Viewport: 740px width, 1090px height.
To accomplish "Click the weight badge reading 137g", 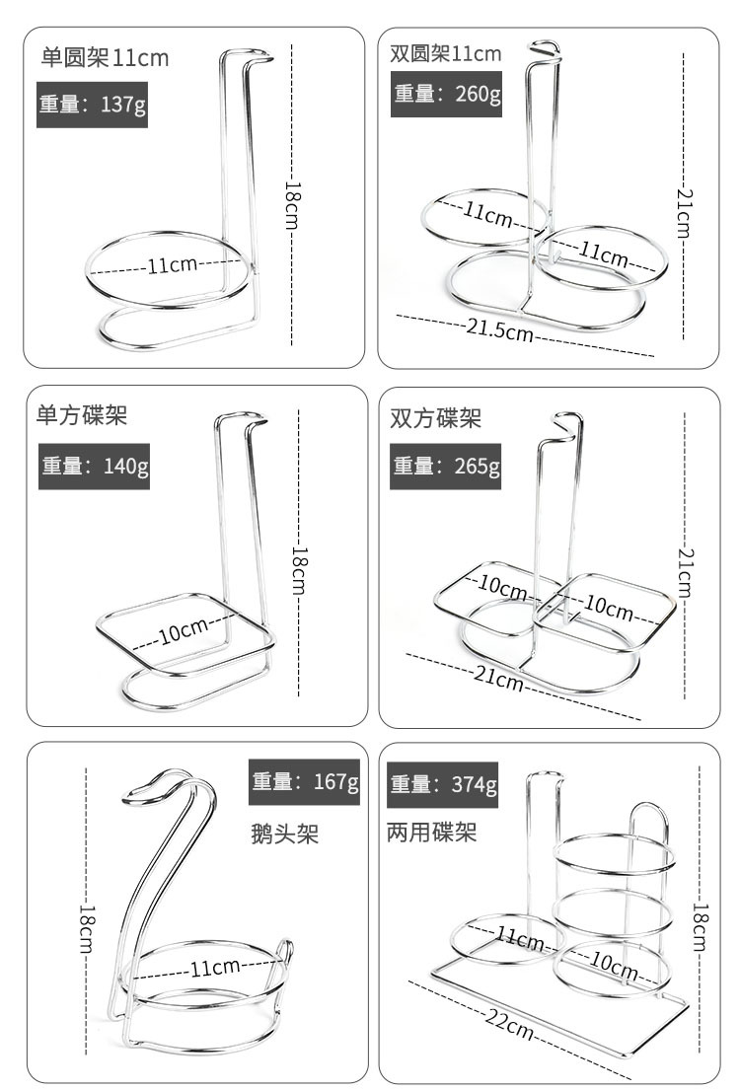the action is tap(93, 105).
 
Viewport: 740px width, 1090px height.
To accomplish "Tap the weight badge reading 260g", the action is tap(447, 94).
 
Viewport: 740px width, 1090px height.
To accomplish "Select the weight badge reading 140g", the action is tap(95, 466).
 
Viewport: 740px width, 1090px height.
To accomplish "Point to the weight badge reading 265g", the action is tap(447, 466).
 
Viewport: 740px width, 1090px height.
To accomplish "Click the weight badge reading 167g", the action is tap(304, 782).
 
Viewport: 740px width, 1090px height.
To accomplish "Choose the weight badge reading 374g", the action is tap(444, 784).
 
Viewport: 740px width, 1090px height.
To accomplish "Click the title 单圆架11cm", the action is tap(105, 57).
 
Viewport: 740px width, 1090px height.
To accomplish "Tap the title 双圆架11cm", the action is tap(446, 53).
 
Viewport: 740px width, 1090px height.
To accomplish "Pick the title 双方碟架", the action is tap(436, 418).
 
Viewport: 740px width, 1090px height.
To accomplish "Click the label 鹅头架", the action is tap(286, 836).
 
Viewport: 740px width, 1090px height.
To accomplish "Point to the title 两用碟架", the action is tap(432, 834).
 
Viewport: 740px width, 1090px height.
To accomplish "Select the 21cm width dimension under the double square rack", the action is tap(499, 680).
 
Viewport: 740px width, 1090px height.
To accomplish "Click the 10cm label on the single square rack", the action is tap(184, 629).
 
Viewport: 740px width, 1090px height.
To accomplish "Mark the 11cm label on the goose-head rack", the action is tap(215, 966).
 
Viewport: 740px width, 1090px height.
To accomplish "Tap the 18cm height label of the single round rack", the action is tap(293, 204).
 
